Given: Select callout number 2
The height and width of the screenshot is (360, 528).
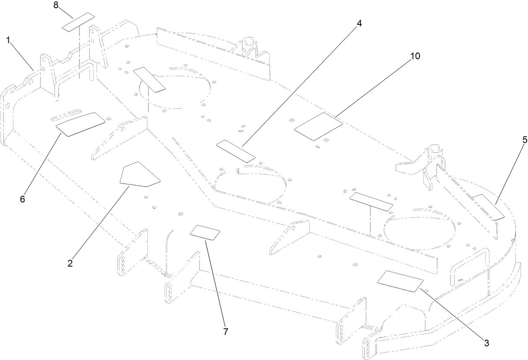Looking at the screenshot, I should pos(70,263).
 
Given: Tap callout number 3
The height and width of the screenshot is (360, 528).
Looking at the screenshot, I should pos(486,343).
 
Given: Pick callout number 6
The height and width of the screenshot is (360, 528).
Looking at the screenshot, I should pos(22,199).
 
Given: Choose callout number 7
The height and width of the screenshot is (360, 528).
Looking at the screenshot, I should pos(225,332).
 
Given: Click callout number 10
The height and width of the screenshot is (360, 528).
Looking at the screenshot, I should pos(415,56).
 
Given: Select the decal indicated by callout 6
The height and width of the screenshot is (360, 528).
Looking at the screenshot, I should pos(81,124).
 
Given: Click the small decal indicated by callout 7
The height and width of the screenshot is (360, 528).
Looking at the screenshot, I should pos(205,232).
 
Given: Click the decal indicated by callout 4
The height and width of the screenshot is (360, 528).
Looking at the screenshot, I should pos(235,151).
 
